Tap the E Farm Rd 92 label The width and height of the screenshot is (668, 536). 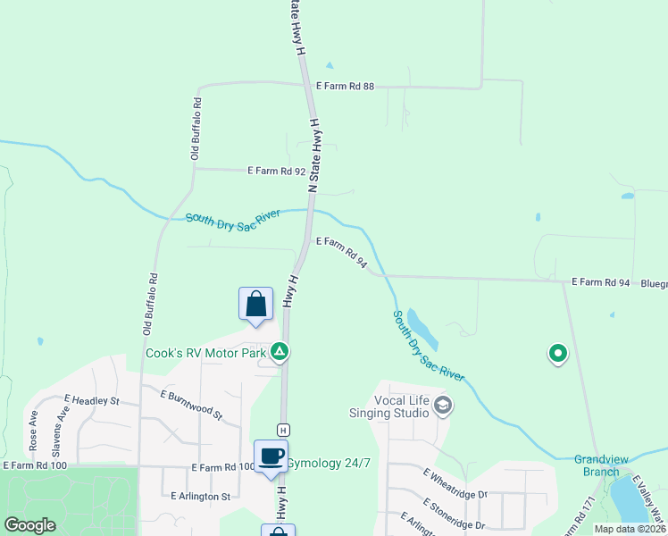click(277, 170)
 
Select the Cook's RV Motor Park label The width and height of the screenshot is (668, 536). click(206, 353)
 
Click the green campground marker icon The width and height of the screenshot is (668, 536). click(280, 352)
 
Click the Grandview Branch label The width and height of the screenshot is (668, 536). click(602, 465)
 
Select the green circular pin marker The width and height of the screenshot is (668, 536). click(558, 355)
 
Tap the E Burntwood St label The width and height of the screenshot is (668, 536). click(190, 404)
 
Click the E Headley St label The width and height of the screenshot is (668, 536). click(92, 400)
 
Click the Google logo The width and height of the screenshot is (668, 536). click(30, 525)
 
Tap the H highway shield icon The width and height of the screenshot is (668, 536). click(282, 430)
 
